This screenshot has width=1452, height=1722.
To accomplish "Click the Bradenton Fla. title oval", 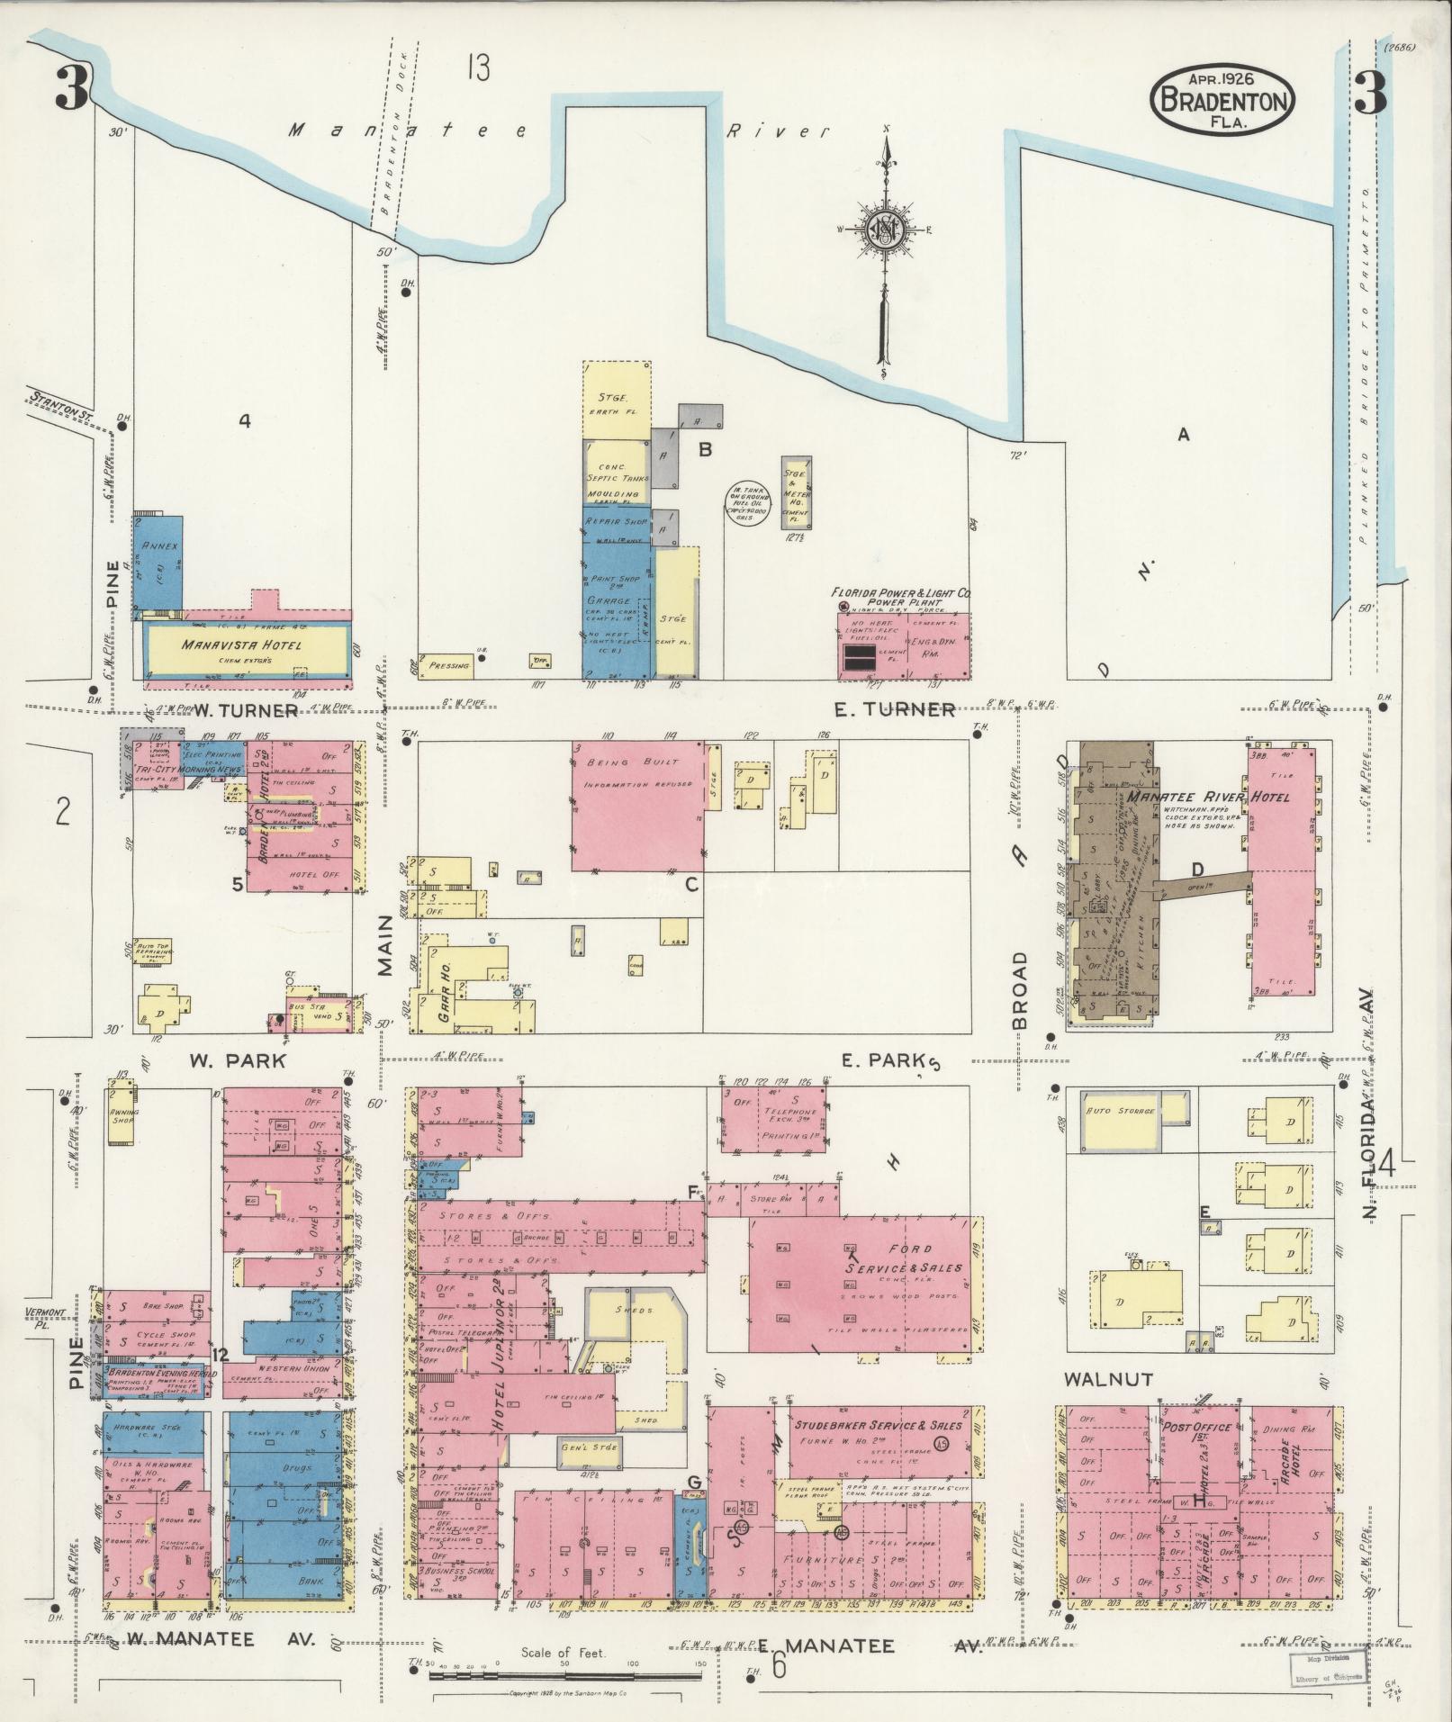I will [1222, 100].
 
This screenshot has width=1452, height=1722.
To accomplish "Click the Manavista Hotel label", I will [241, 645].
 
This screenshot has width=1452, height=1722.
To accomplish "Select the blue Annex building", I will [158, 563].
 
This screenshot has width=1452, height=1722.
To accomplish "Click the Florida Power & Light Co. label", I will [901, 594].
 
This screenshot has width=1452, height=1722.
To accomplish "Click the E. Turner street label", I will [893, 710].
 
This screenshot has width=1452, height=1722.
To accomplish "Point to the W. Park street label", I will [237, 1060].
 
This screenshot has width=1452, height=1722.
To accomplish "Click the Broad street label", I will [1019, 989].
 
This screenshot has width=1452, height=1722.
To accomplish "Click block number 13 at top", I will [478, 68].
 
